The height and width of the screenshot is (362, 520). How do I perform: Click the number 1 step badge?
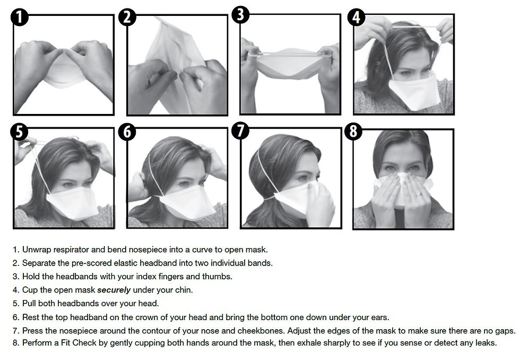tap(20, 17)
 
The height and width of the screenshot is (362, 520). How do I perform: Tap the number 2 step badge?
tap(128, 17)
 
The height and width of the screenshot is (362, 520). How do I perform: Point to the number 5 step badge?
tap(19, 131)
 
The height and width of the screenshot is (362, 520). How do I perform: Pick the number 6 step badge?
tap(128, 131)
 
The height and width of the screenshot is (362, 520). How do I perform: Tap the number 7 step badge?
tap(240, 130)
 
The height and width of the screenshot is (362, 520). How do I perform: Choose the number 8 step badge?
tap(354, 131)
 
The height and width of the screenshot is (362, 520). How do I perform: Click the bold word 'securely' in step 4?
tap(114, 290)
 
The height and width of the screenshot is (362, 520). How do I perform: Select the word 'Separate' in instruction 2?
tap(37, 263)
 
